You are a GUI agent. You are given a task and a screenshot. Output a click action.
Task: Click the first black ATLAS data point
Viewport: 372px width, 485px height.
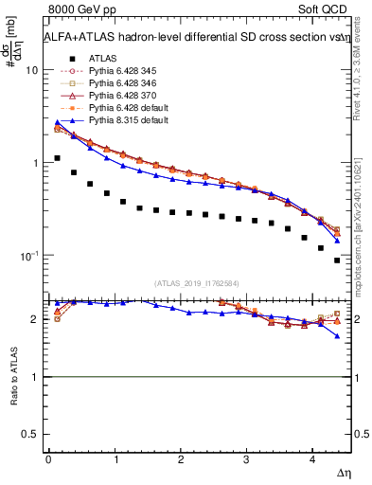pyautogui.click(x=57, y=158)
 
